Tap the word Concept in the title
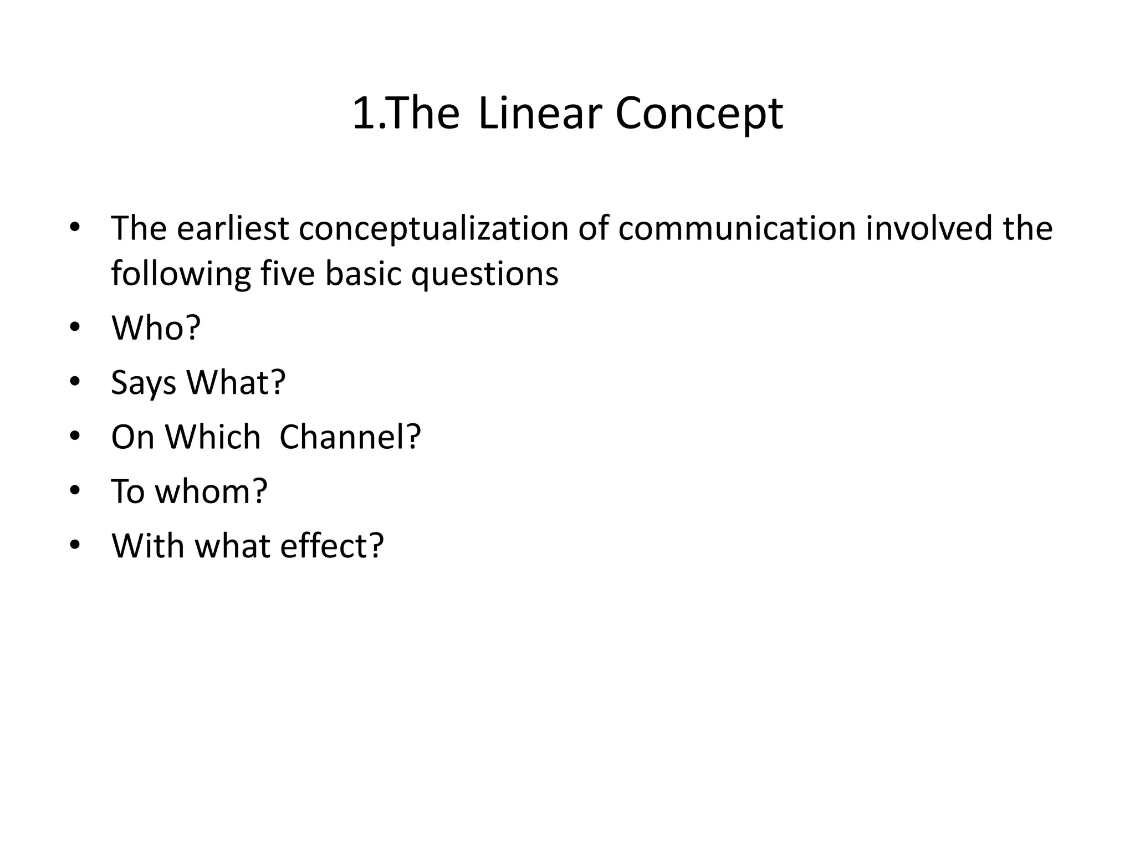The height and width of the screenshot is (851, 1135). click(699, 115)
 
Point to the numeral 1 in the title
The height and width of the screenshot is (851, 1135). click(364, 114)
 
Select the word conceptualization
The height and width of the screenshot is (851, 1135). click(433, 228)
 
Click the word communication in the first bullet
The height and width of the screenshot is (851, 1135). click(737, 228)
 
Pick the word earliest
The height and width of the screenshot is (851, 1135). click(233, 228)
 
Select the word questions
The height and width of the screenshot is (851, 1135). click(484, 275)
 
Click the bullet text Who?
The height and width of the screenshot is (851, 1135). click(156, 327)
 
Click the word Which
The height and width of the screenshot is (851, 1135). click(213, 437)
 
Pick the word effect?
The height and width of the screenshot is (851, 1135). click(331, 546)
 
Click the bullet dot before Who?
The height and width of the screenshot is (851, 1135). click(75, 327)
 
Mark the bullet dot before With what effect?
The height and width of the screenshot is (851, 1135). click(75, 546)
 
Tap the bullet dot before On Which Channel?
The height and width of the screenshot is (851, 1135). click(75, 437)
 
